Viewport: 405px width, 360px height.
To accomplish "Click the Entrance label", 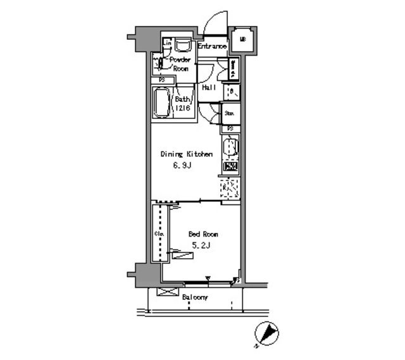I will tap(212, 46).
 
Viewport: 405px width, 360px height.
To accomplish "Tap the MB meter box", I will tap(242, 42).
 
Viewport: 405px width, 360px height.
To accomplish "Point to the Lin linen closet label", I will tap(167, 43).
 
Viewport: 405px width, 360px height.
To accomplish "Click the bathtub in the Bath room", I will tap(159, 102).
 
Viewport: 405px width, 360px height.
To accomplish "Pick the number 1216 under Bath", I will tap(182, 108).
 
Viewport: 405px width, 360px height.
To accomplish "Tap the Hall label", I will tap(209, 87).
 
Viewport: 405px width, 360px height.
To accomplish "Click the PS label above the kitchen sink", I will tap(231, 128).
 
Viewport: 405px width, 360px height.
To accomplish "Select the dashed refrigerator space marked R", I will tap(230, 189).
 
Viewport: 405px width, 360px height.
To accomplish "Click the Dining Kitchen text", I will tap(185, 154).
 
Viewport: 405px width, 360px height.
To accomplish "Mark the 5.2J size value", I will tap(200, 246).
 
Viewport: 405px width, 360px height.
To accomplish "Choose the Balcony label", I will tap(194, 297).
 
